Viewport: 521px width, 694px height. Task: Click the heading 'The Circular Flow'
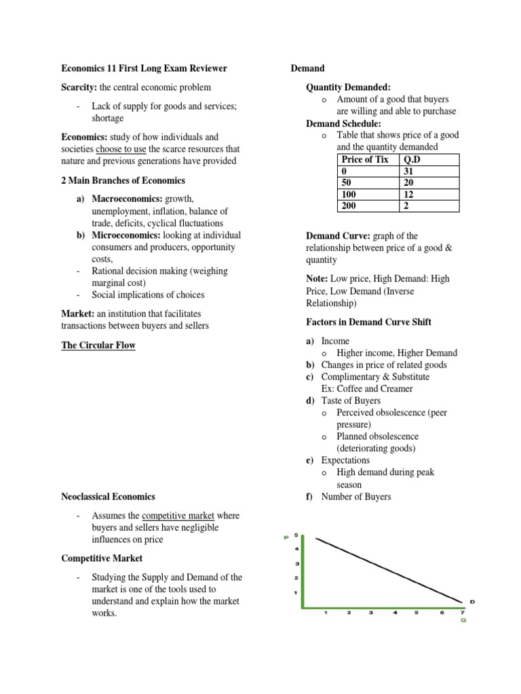(x=98, y=345)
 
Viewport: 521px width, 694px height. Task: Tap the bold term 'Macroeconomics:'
(x=126, y=199)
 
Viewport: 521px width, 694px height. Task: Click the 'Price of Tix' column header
(x=365, y=159)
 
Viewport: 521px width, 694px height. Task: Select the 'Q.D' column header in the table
(x=413, y=159)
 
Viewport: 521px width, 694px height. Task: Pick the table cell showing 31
(x=408, y=171)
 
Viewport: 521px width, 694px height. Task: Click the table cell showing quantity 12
(x=408, y=195)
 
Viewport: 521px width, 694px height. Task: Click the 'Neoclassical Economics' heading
(x=108, y=497)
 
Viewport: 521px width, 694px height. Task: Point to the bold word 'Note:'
(x=318, y=279)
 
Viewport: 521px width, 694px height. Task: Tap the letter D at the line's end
(x=471, y=600)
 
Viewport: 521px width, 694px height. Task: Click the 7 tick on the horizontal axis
(x=463, y=612)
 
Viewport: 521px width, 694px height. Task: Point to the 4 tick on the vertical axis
(x=296, y=549)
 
